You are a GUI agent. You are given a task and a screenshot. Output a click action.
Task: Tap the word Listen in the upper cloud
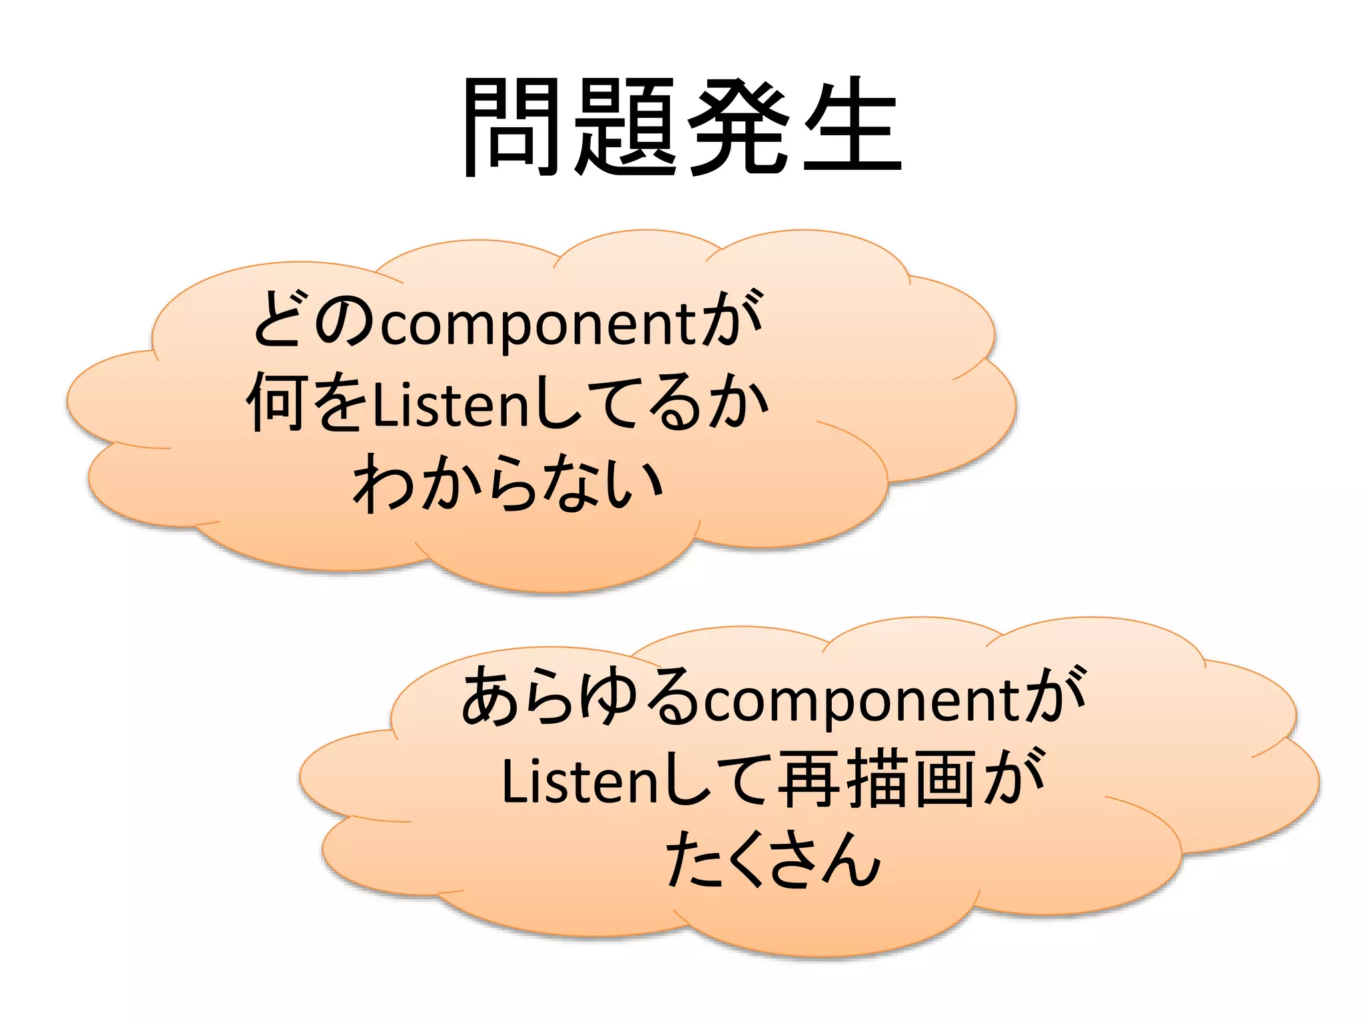[x=450, y=404]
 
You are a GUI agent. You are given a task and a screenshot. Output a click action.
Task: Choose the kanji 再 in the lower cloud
[x=809, y=779]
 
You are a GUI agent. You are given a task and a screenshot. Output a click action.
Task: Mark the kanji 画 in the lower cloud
[x=946, y=779]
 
